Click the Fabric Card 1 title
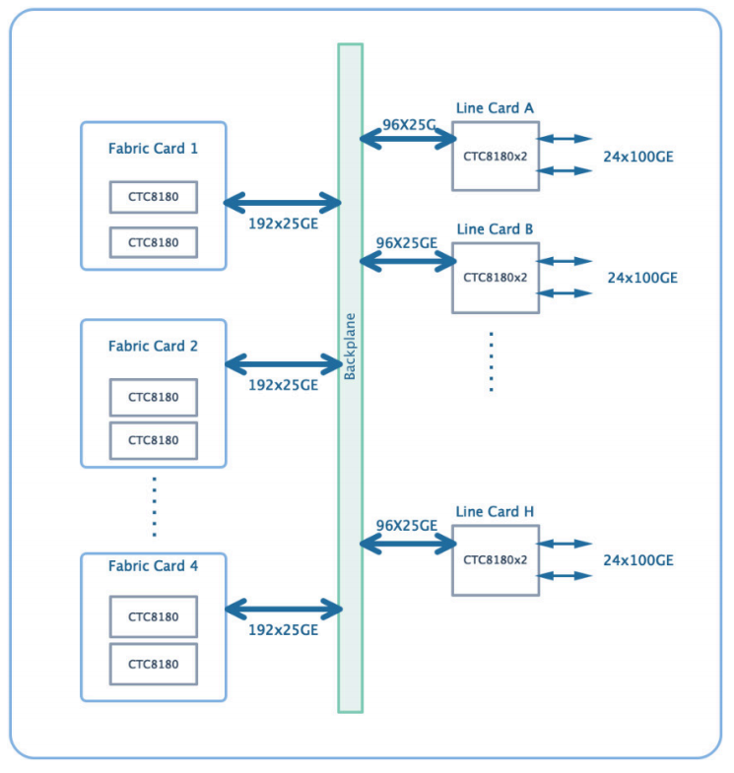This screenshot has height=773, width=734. [x=153, y=149]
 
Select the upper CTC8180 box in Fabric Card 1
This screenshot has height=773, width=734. [x=154, y=197]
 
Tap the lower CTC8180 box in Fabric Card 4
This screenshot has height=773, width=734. [x=154, y=664]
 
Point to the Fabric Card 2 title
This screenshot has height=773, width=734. [x=153, y=346]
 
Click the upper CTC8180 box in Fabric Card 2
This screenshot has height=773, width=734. [x=154, y=398]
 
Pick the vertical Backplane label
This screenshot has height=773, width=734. [x=350, y=346]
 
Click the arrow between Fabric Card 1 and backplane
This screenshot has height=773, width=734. [x=282, y=203]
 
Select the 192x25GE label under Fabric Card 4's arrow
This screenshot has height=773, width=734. [x=283, y=630]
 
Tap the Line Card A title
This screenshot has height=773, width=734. [x=495, y=108]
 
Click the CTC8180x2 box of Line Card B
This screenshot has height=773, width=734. [x=496, y=278]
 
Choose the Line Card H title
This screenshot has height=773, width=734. [x=495, y=512]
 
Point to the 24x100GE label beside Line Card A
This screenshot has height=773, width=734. [x=638, y=157]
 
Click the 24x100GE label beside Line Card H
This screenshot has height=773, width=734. [x=638, y=560]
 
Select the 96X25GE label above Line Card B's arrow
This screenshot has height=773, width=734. [x=407, y=243]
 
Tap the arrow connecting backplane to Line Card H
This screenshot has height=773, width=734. [x=408, y=545]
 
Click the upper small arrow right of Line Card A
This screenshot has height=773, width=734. [x=565, y=139]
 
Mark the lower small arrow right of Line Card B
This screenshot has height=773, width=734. [x=565, y=293]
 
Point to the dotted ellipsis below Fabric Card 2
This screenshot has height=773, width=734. [x=155, y=506]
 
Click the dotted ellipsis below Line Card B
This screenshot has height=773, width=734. [x=491, y=361]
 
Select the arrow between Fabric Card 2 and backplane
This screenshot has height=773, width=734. [x=283, y=364]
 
